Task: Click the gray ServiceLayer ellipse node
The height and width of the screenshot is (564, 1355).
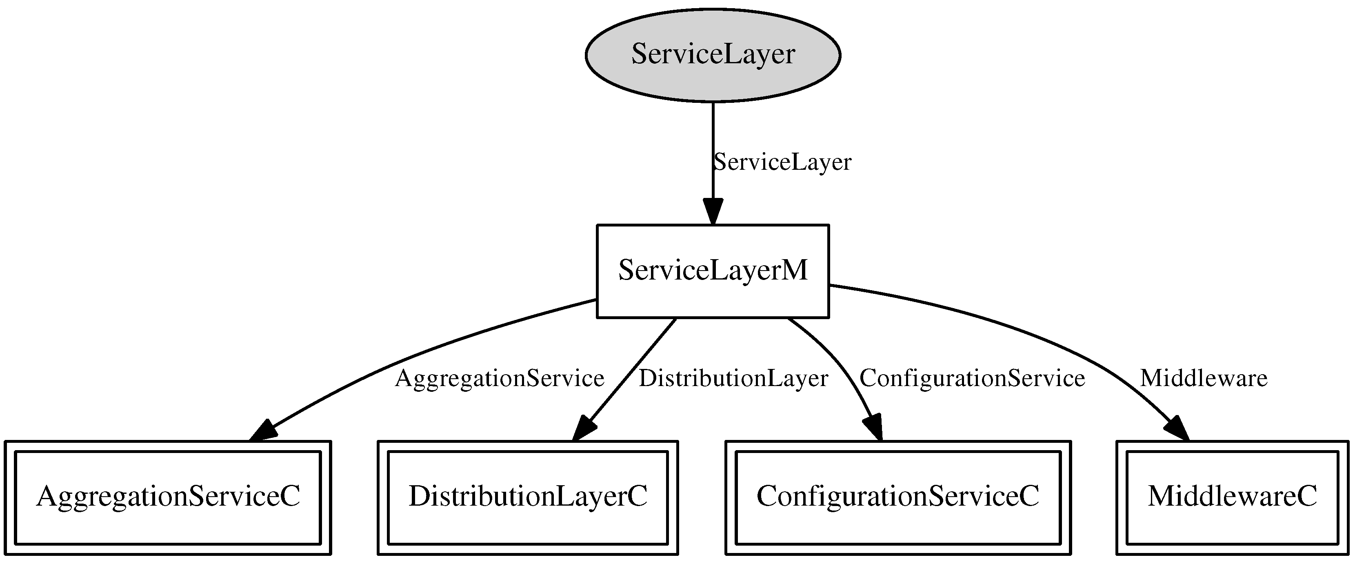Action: click(713, 55)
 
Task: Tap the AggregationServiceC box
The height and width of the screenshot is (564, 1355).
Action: click(167, 497)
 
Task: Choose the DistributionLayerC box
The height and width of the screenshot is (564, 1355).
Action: click(528, 497)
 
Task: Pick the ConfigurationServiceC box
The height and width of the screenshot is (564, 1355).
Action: click(898, 497)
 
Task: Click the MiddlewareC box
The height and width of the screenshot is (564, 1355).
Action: click(1233, 497)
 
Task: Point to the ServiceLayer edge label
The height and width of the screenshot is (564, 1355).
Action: click(782, 162)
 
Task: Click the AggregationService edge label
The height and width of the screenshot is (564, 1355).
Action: click(499, 378)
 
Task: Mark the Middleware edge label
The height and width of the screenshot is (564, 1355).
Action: click(1204, 378)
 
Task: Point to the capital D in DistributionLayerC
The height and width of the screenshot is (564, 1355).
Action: click(420, 497)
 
